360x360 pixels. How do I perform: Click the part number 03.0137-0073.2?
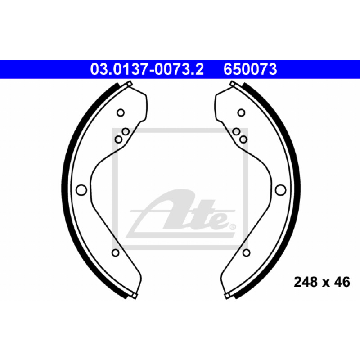click(x=147, y=69)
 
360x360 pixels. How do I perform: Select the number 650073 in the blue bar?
click(x=250, y=69)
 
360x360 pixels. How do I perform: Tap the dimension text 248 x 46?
click(x=322, y=282)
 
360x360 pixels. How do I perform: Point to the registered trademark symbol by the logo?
click(x=233, y=227)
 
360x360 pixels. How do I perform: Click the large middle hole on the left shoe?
click(x=81, y=190)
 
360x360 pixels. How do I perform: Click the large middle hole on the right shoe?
click(x=280, y=190)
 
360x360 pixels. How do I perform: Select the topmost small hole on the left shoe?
click(x=121, y=113)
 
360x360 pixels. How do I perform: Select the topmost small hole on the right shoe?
click(x=241, y=113)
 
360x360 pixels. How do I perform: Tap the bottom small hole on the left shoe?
click(x=116, y=253)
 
